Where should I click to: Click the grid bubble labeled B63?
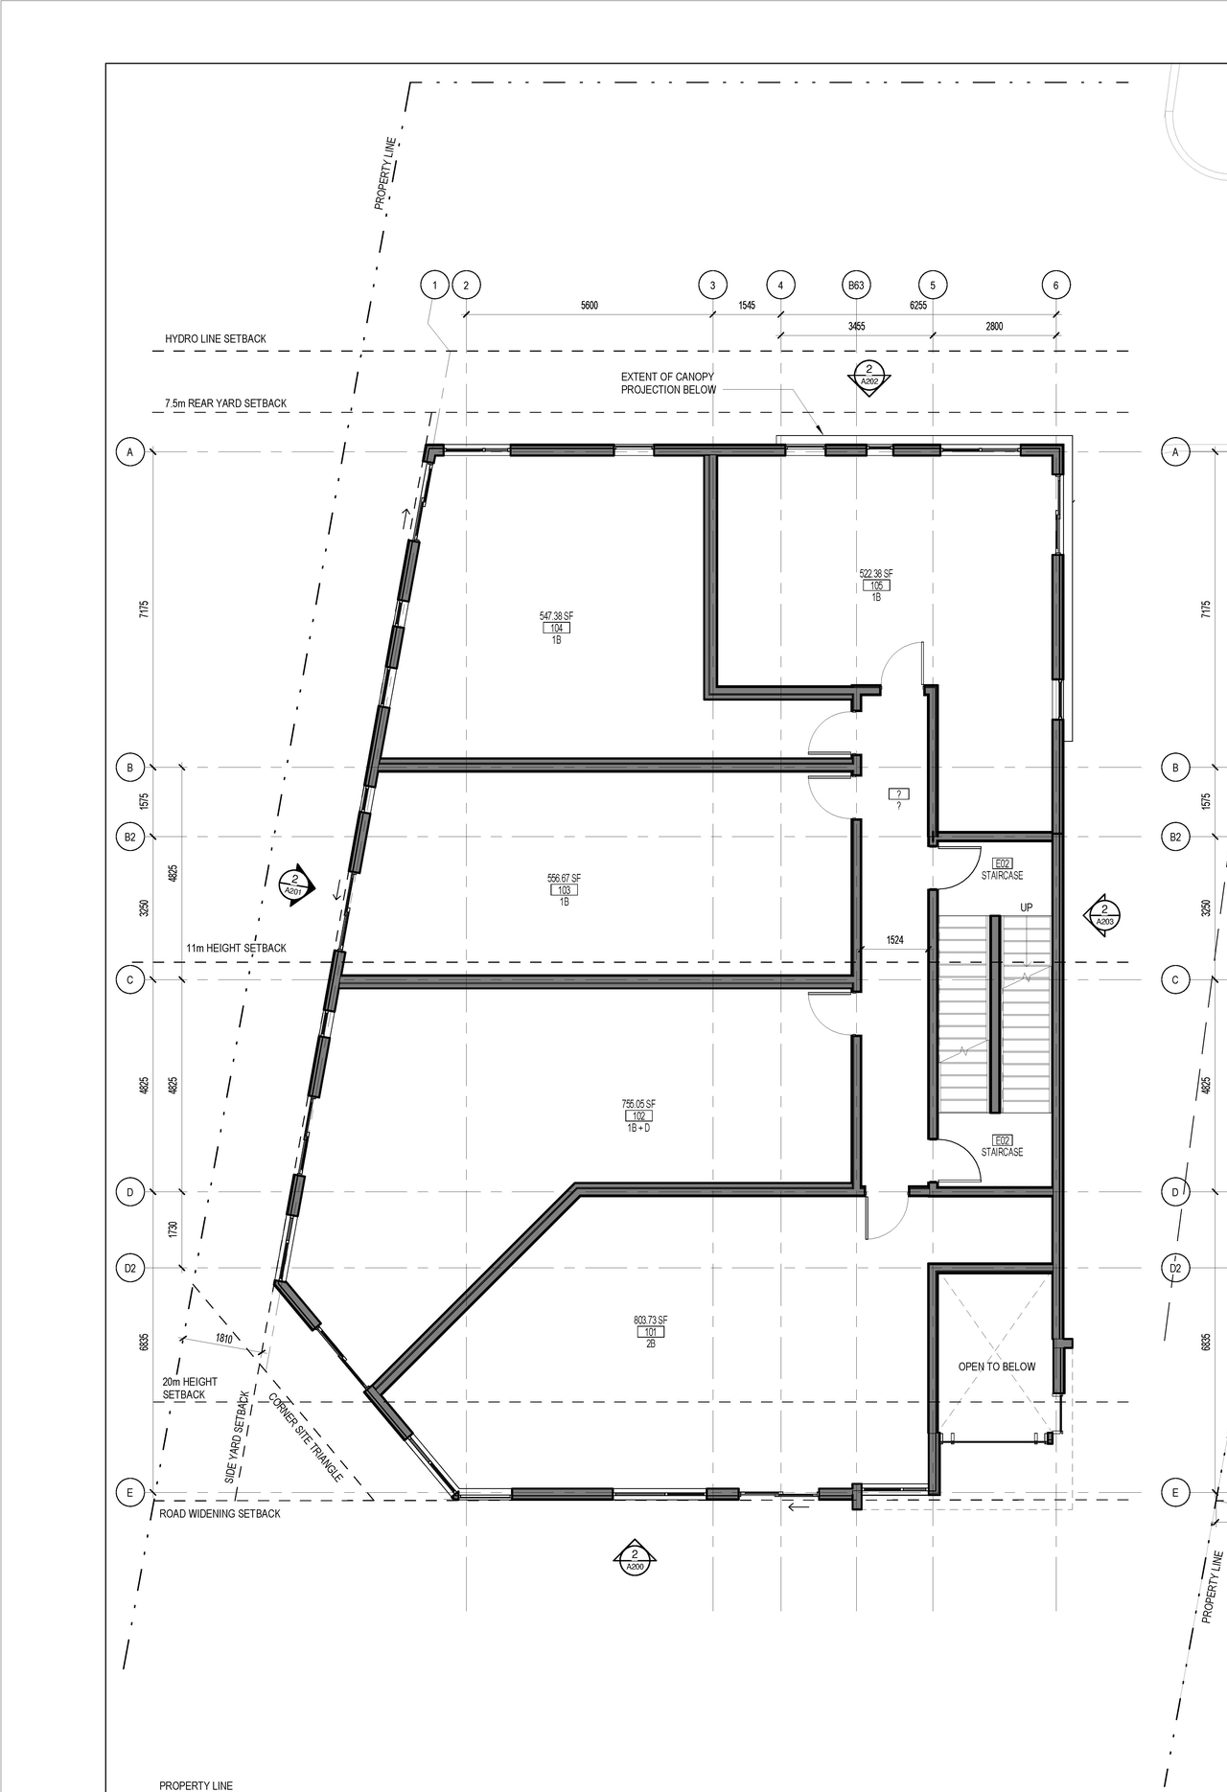pos(856,285)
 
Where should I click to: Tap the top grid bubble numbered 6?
pos(1055,285)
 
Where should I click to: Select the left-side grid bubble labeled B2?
pos(130,837)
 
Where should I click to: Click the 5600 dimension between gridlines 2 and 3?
pos(589,305)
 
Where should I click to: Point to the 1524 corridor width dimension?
pos(894,940)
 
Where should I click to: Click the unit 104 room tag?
pos(556,628)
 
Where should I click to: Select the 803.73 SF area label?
pos(650,1321)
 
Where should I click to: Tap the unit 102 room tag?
pos(638,1115)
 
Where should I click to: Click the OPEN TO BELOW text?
pos(997,1367)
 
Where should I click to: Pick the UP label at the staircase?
pos(1027,907)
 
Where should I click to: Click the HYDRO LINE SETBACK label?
pos(216,339)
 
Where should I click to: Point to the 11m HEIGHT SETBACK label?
pos(236,948)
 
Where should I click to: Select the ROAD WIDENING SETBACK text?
pos(220,1513)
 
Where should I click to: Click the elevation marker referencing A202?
pos(868,375)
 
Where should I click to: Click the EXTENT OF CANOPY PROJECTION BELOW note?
pos(668,383)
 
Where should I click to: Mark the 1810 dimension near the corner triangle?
pos(223,1338)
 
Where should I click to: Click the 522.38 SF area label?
pos(875,574)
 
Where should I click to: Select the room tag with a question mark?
pos(898,794)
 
